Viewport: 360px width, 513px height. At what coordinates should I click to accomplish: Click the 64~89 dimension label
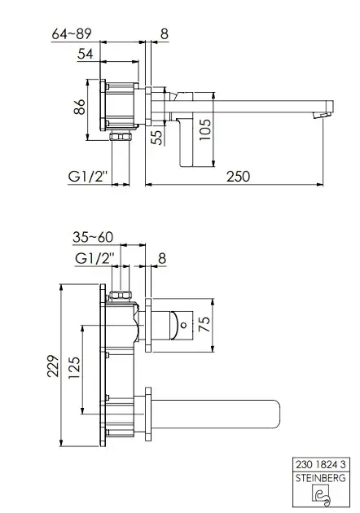pyautogui.click(x=72, y=33)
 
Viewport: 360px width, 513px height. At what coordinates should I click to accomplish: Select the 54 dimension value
pyautogui.click(x=86, y=54)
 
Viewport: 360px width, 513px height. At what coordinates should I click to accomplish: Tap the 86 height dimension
pyautogui.click(x=80, y=107)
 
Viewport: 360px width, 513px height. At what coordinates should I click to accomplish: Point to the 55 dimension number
pyautogui.click(x=157, y=138)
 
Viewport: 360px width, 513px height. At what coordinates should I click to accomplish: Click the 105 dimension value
pyautogui.click(x=205, y=130)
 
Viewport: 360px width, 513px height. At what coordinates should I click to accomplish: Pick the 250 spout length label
pyautogui.click(x=239, y=177)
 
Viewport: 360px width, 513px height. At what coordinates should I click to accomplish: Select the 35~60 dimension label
pyautogui.click(x=93, y=237)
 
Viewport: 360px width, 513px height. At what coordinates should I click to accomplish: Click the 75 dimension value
pyautogui.click(x=205, y=324)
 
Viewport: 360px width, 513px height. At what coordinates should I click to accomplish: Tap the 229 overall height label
pyautogui.click(x=53, y=366)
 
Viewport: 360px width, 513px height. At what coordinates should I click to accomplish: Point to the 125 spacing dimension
pyautogui.click(x=74, y=368)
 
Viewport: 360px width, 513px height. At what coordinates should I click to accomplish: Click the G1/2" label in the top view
pyautogui.click(x=88, y=177)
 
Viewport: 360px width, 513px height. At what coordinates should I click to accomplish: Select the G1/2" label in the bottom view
pyautogui.click(x=94, y=258)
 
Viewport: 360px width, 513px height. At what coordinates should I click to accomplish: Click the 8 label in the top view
pyautogui.click(x=165, y=34)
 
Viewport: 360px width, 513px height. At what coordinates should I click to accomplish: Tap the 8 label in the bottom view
pyautogui.click(x=162, y=258)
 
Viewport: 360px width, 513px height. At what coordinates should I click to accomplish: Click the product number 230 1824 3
pyautogui.click(x=321, y=465)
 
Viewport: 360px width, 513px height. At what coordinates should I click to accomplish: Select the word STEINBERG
pyautogui.click(x=321, y=478)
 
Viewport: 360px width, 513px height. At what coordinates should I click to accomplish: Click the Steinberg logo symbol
pyautogui.click(x=322, y=494)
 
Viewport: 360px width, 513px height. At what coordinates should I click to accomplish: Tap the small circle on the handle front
pyautogui.click(x=183, y=325)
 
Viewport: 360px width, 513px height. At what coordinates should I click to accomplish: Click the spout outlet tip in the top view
pyautogui.click(x=322, y=115)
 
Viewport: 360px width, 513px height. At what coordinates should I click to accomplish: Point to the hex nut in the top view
pyautogui.click(x=121, y=136)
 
